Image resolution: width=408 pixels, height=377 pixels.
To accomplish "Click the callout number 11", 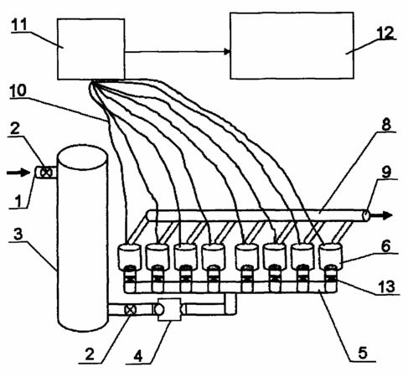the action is pyautogui.click(x=19, y=24).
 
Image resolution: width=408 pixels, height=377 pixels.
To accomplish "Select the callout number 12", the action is pyautogui.click(x=385, y=33).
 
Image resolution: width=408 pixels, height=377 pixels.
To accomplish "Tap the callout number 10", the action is pyautogui.click(x=18, y=90).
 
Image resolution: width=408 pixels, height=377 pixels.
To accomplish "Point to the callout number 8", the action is pyautogui.click(x=386, y=124).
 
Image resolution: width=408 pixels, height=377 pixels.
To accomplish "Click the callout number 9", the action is pyautogui.click(x=386, y=173).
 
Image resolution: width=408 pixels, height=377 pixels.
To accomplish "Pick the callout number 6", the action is pyautogui.click(x=385, y=246).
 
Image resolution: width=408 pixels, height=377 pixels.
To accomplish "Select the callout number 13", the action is pyautogui.click(x=387, y=287).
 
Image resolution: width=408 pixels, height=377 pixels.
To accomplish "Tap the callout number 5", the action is pyautogui.click(x=363, y=353).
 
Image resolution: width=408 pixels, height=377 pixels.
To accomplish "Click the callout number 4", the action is pyautogui.click(x=138, y=357).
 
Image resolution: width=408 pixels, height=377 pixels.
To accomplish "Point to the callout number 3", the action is pyautogui.click(x=18, y=234).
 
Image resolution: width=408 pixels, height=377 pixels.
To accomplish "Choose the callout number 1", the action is pyautogui.click(x=18, y=201).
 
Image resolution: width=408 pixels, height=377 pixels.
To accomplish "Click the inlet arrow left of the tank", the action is pyautogui.click(x=18, y=173).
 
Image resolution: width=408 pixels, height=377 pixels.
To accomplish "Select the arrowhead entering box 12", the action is pyautogui.click(x=227, y=52).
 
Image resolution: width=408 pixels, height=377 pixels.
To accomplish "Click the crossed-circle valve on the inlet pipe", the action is pyautogui.click(x=46, y=173).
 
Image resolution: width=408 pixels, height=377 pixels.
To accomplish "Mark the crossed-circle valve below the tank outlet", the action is pyautogui.click(x=130, y=310).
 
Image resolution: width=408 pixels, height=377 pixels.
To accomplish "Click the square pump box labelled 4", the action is pyautogui.click(x=169, y=309).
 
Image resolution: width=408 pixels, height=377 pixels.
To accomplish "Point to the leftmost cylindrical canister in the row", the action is pyautogui.click(x=130, y=257).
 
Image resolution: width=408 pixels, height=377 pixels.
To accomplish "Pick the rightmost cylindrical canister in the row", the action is pyautogui.click(x=331, y=257).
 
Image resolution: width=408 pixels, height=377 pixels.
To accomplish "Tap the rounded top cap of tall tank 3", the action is pyautogui.click(x=82, y=157).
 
